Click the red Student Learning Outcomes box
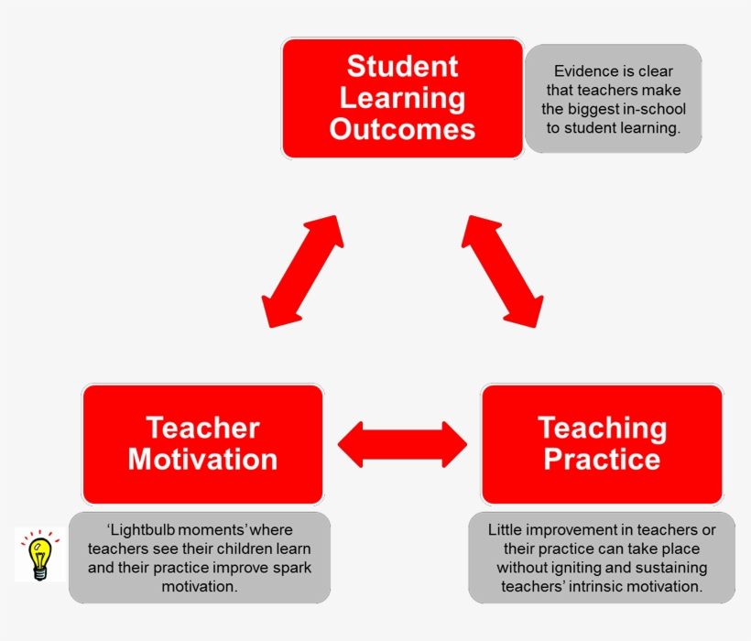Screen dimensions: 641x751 (403, 98)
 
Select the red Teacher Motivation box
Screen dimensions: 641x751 (202, 444)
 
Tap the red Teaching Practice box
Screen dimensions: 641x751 (602, 444)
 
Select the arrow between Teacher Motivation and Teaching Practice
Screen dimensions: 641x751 (402, 444)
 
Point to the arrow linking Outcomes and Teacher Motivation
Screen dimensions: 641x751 (301, 271)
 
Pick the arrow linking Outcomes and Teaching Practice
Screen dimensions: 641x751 (502, 271)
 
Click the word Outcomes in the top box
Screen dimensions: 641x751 (403, 129)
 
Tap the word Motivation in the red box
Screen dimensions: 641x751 (202, 459)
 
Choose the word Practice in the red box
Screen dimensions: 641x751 (602, 459)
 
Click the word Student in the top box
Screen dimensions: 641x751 (403, 67)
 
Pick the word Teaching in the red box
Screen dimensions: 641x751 (602, 428)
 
